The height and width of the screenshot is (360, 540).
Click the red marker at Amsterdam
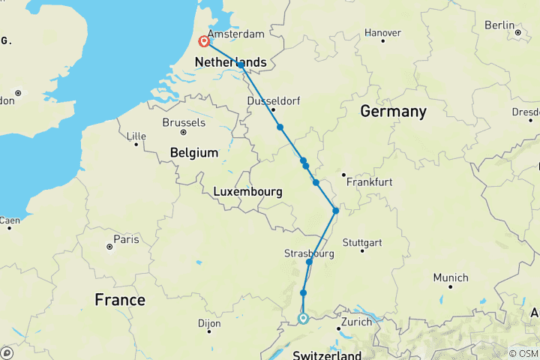[203, 42]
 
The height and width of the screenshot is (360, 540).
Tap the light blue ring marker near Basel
[303, 319]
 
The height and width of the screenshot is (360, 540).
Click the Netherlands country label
[230, 61]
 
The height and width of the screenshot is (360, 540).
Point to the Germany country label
[393, 112]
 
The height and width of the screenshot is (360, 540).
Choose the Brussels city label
[184, 122]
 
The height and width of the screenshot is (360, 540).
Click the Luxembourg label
[247, 192]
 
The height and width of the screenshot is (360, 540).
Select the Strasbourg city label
[309, 253]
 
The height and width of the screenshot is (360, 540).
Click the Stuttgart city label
[361, 242]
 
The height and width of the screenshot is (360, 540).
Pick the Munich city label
[450, 277]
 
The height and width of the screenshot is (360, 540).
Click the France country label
[120, 300]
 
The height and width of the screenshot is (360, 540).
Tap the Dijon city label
[209, 324]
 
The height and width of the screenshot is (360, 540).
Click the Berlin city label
[499, 25]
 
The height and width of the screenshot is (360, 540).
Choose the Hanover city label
[382, 32]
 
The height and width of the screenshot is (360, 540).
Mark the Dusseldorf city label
[273, 103]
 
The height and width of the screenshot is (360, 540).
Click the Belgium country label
[194, 152]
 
